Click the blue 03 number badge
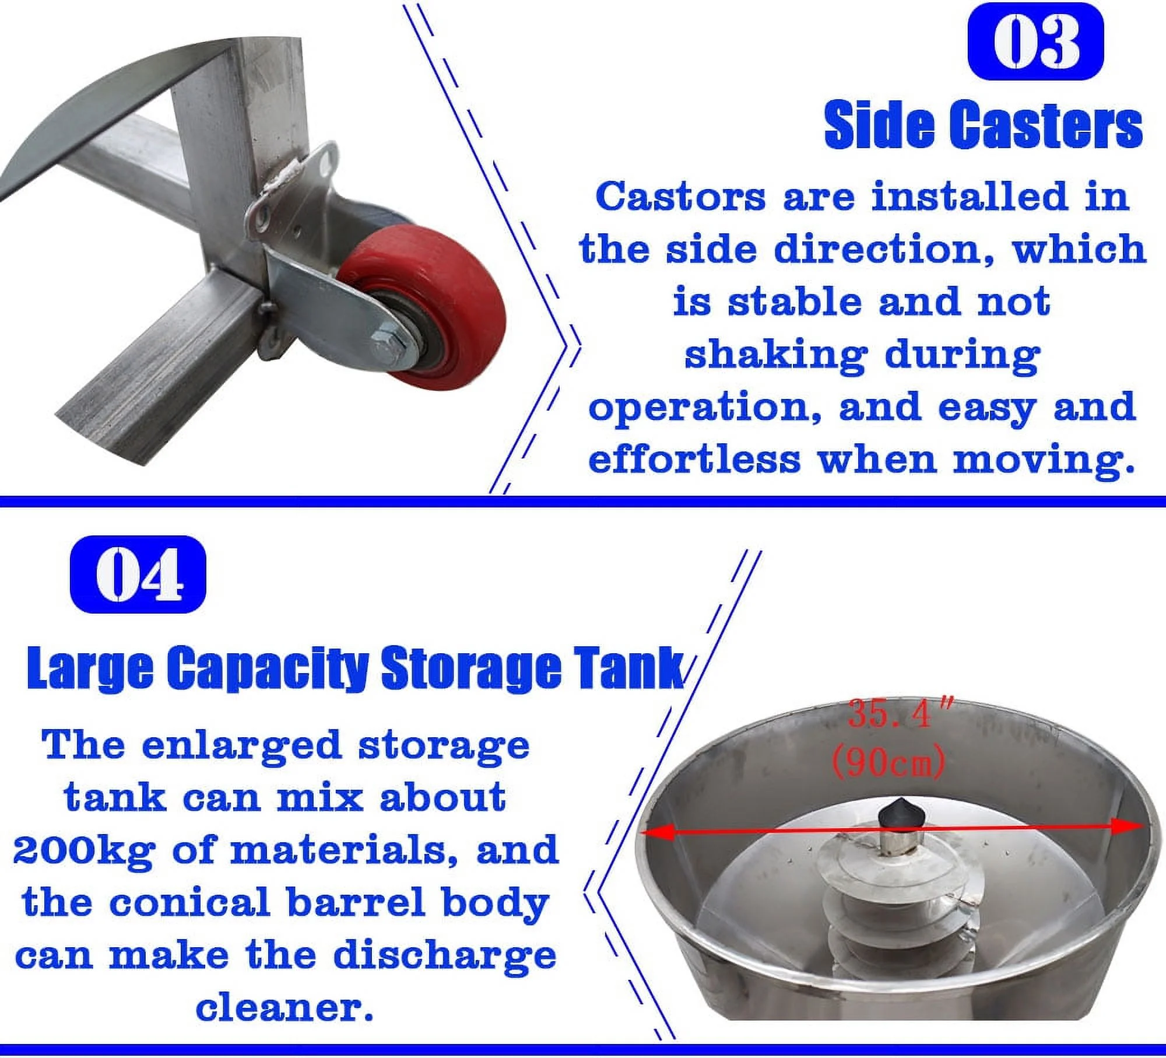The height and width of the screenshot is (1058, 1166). coord(1035,41)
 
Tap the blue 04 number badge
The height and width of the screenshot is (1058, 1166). coord(138,574)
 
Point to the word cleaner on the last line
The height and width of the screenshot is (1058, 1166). coord(284,1008)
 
